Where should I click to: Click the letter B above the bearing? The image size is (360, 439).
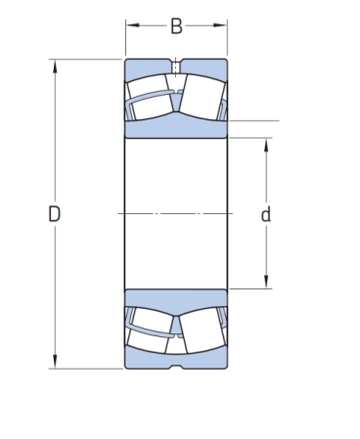point(176,26)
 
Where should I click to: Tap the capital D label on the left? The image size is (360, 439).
point(54,214)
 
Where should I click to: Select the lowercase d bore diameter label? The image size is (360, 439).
point(265,214)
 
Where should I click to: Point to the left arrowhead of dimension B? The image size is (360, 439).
point(129,26)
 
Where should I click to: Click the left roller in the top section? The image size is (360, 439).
point(150,102)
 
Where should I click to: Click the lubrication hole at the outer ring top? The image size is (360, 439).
point(176,67)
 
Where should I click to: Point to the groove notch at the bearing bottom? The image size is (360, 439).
point(176,367)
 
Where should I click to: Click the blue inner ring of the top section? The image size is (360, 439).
point(176,129)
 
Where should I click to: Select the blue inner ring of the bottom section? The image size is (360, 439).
point(176,298)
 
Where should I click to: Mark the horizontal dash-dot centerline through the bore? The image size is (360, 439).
point(176,213)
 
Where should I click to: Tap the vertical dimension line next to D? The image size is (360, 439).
point(54,147)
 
